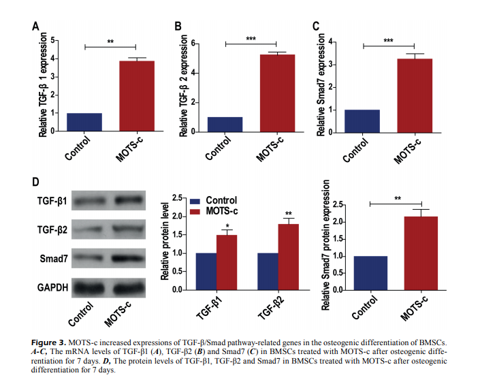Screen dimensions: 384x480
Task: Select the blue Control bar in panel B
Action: click(225, 125)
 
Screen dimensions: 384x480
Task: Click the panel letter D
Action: click(37, 183)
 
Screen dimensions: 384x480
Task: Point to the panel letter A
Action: click(35, 27)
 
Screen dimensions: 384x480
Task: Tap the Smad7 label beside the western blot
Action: click(52, 259)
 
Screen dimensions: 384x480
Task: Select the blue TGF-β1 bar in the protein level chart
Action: click(206, 271)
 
